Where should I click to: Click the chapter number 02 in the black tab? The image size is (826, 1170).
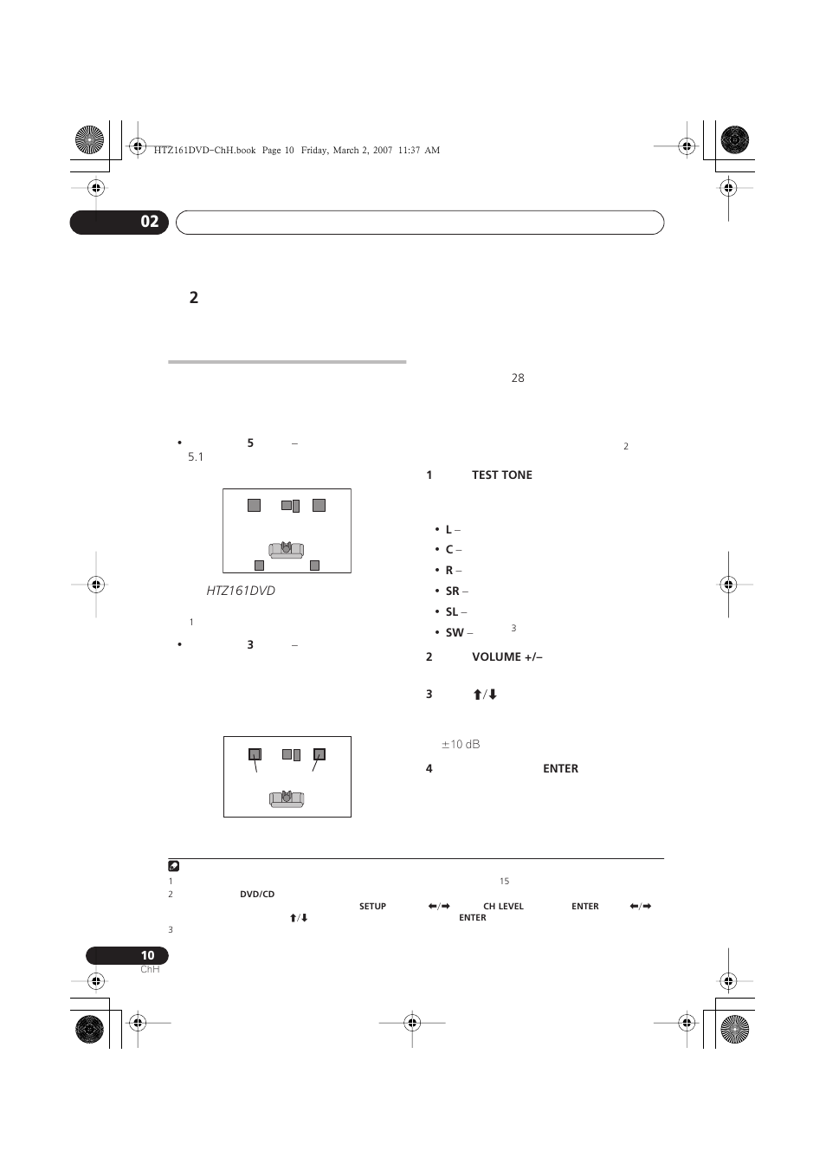tap(150, 222)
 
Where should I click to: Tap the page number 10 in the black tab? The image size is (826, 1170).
tap(148, 955)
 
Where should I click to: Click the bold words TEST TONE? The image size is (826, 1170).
tap(502, 475)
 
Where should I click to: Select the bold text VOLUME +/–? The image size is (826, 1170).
tap(507, 656)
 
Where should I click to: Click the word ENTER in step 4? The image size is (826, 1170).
tap(560, 768)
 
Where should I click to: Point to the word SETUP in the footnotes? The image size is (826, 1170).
tap(372, 907)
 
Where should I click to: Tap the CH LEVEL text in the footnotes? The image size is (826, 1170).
tap(503, 907)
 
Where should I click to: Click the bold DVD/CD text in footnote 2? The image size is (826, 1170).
tap(257, 895)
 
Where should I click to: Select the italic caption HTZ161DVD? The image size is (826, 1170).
tap(241, 591)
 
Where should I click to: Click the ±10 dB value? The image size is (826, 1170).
tap(461, 744)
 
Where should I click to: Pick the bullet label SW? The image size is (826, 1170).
tap(454, 632)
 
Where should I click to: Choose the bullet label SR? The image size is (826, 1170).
tap(452, 591)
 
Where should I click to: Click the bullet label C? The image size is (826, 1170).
tap(449, 549)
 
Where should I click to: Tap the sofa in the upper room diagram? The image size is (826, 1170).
tap(286, 549)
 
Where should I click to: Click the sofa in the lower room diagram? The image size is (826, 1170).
tap(287, 797)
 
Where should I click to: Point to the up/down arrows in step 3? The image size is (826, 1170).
tap(484, 695)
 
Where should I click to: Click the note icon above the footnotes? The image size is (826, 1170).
tap(173, 866)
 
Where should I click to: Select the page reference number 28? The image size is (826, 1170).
tap(518, 378)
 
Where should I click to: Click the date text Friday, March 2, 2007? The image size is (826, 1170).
tap(346, 150)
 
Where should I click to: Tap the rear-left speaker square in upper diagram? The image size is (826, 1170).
tap(259, 566)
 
